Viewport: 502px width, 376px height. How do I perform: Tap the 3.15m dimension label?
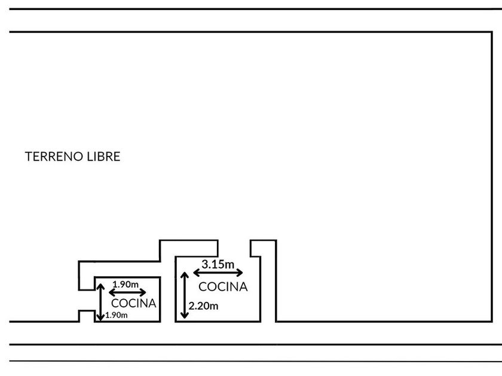[218, 264]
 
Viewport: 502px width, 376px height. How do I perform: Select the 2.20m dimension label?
[203, 307]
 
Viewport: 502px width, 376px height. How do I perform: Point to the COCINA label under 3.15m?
[223, 286]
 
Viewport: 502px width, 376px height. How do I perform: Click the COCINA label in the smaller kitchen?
[134, 303]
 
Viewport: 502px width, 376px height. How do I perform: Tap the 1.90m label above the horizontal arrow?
[125, 283]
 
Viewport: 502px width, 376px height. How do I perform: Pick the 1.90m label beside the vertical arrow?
[117, 315]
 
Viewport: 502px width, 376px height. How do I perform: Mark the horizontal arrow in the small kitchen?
[127, 292]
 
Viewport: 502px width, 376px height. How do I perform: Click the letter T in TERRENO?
[29, 157]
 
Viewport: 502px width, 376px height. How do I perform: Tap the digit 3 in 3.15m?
[205, 264]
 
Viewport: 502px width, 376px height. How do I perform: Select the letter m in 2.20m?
[215, 307]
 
